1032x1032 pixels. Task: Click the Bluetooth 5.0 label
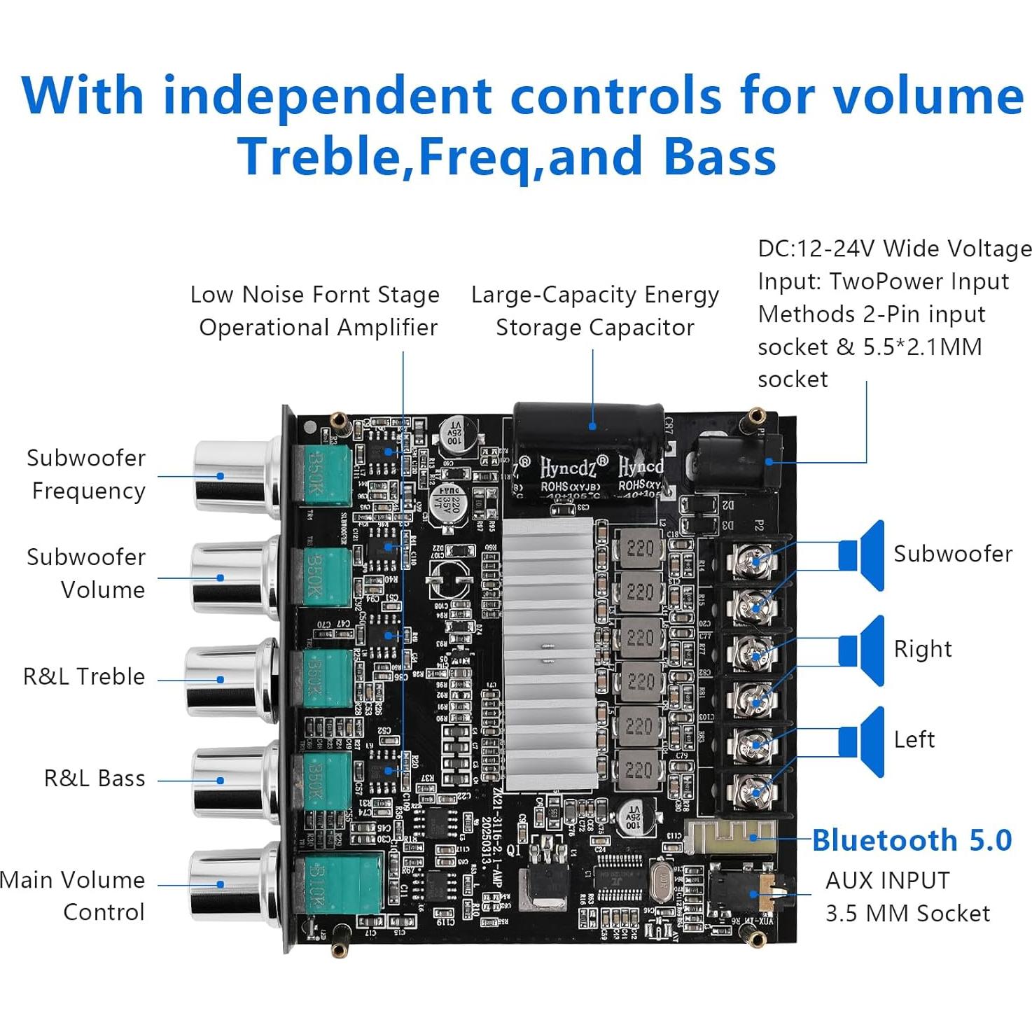tap(912, 840)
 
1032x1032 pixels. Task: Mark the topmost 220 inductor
tap(640, 549)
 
